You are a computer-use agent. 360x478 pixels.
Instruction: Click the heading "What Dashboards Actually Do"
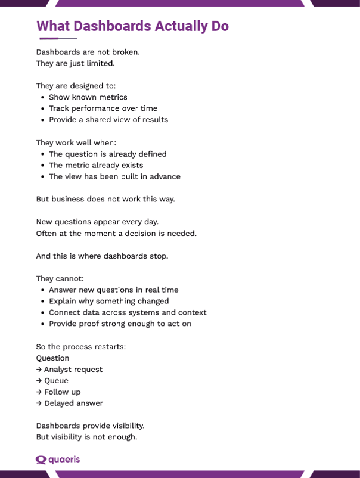(x=132, y=26)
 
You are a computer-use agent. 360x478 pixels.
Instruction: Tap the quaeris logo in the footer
(x=58, y=460)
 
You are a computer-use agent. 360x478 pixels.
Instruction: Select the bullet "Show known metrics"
(x=88, y=97)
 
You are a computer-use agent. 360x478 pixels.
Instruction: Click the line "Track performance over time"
(x=103, y=108)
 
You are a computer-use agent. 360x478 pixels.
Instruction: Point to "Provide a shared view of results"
(x=108, y=120)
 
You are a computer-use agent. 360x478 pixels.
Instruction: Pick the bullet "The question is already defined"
(x=107, y=154)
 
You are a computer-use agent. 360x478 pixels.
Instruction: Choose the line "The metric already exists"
(x=96, y=165)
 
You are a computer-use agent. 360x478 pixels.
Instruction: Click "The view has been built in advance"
(x=114, y=176)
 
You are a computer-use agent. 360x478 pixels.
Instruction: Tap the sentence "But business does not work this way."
(x=105, y=199)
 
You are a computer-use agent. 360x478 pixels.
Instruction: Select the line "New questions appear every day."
(x=97, y=222)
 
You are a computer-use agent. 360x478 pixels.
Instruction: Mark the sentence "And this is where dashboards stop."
(x=102, y=256)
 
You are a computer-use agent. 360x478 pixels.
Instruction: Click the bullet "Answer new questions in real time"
(x=113, y=290)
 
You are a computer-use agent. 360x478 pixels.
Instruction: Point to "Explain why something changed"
(x=108, y=301)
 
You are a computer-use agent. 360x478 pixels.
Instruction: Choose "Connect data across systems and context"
(x=128, y=312)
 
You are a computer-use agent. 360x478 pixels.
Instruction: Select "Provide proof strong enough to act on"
(x=120, y=324)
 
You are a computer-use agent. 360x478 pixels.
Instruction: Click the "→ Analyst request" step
(x=69, y=370)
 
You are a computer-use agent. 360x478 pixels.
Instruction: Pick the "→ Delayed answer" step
(x=69, y=403)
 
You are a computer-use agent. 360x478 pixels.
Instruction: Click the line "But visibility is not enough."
(x=86, y=437)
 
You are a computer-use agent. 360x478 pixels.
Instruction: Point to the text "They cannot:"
(x=60, y=278)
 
